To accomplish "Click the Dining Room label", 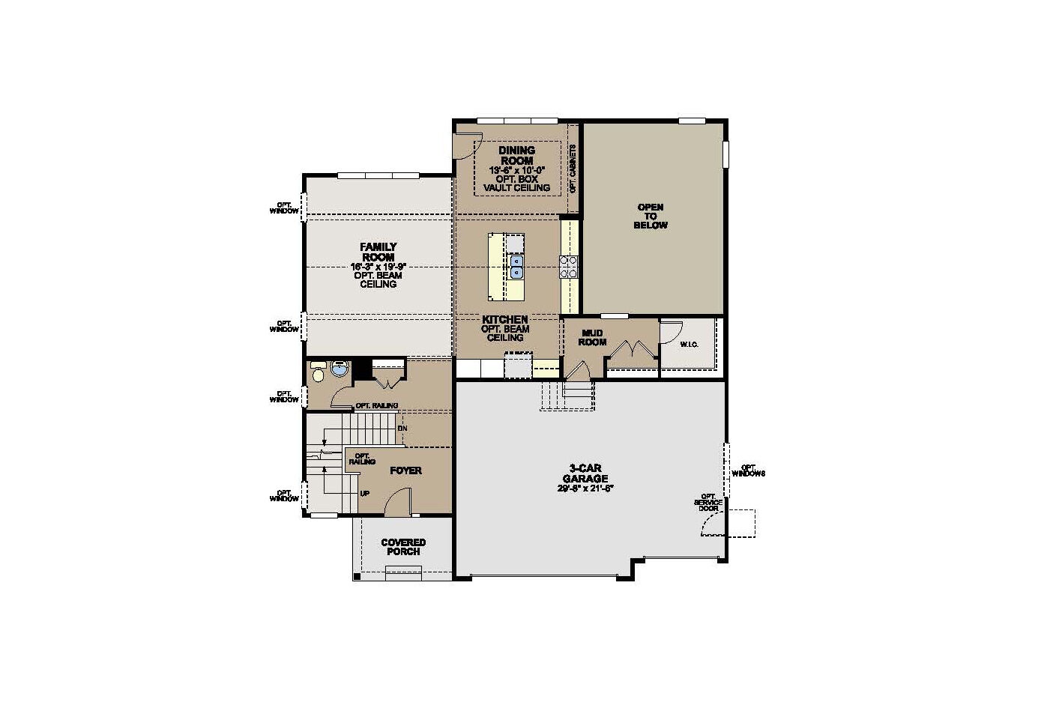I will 516,156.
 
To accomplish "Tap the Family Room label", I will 378,252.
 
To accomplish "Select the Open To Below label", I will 650,216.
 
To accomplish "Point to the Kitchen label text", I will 504,319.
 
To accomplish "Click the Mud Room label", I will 591,337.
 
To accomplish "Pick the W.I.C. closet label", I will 689,345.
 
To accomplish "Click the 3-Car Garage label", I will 585,473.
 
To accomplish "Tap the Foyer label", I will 405,471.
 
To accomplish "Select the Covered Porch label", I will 403,547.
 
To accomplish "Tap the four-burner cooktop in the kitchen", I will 568,267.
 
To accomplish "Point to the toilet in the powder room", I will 318,372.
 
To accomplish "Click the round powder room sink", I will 340,369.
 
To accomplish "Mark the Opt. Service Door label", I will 708,502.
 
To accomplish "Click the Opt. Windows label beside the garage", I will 747,470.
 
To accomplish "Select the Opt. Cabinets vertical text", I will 573,169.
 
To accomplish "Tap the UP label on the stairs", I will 365,494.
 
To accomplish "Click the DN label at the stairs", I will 402,429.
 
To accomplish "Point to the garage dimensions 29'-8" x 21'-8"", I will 585,488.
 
